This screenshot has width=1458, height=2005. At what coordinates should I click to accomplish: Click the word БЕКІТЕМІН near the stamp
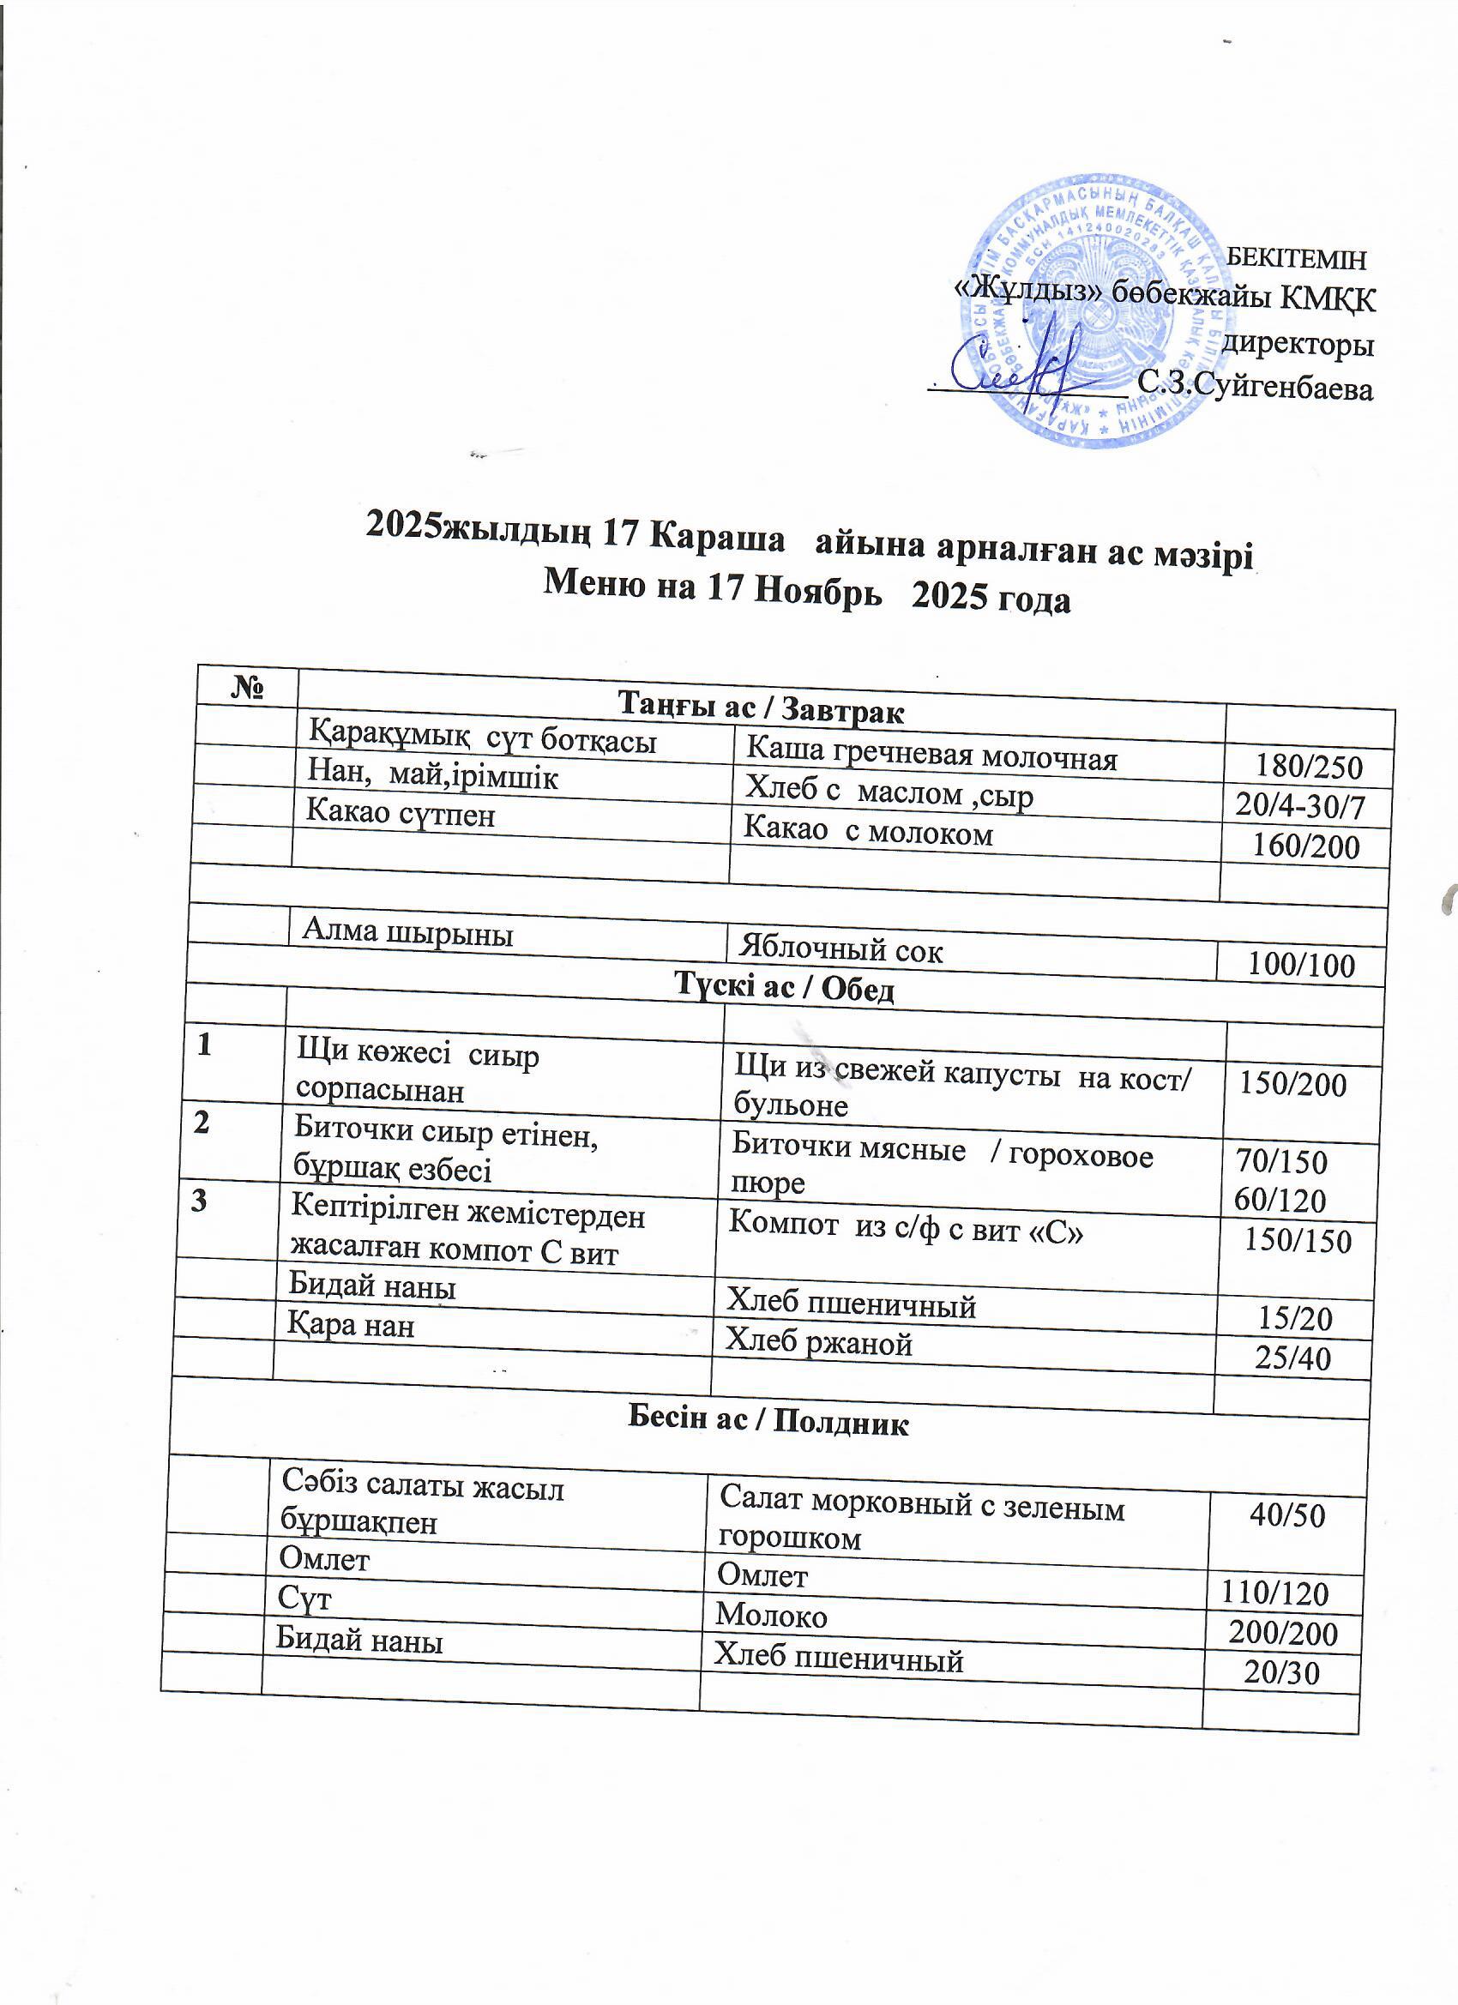click(1298, 259)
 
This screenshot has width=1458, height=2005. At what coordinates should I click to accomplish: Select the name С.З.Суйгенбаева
click(1256, 386)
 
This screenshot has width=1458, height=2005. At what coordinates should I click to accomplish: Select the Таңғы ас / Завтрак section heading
click(761, 709)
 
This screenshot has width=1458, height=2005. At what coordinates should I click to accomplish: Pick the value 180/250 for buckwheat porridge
click(1309, 766)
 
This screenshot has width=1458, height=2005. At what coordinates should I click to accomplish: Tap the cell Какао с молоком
click(867, 832)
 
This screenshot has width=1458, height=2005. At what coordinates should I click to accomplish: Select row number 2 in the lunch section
click(202, 1123)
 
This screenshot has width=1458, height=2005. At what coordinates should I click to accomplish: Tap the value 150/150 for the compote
click(1297, 1241)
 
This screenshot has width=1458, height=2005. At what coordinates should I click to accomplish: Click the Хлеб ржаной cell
click(818, 1343)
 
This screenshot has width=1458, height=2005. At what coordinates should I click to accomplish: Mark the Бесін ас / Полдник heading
click(768, 1423)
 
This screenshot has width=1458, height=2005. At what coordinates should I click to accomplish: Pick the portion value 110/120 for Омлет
click(1274, 1593)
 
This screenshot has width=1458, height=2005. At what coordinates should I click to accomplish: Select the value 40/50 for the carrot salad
click(1286, 1515)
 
